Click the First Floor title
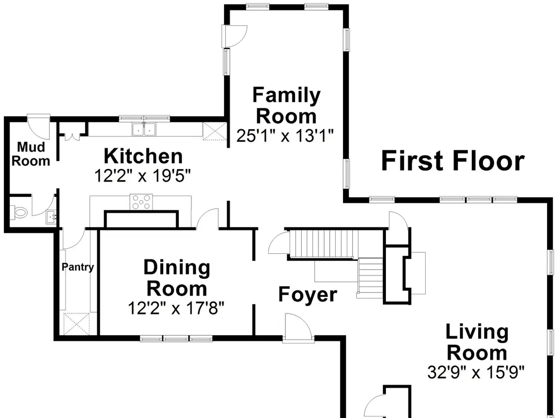click(453, 161)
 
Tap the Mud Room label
click(31, 154)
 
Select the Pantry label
click(77, 267)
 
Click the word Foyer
click(308, 294)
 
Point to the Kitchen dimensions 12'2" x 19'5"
click(142, 175)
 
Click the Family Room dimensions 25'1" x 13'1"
click(285, 136)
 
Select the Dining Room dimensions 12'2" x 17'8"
click(176, 308)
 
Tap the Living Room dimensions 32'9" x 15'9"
click(476, 372)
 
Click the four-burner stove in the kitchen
click(141, 202)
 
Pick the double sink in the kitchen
click(144, 129)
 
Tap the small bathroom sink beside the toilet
click(51, 217)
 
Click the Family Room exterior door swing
click(234, 36)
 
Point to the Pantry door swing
click(74, 239)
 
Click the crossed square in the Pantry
click(77, 324)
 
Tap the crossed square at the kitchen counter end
click(215, 131)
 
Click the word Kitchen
click(143, 156)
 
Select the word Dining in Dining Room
click(177, 267)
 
